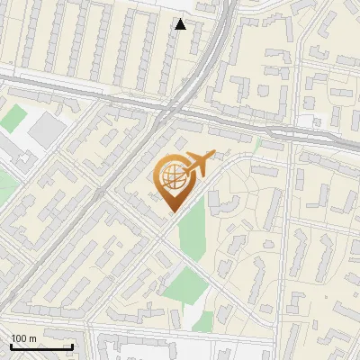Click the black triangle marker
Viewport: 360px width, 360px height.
pos(181,24)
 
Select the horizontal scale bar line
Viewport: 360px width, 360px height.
pos(41,346)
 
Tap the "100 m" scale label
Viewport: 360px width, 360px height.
pos(23,338)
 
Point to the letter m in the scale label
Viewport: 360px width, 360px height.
pos(32,338)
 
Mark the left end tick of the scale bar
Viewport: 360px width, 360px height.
pos(11,346)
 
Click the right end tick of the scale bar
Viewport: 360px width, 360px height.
pos(72,346)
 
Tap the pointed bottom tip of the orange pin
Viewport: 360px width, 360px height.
pos(172,212)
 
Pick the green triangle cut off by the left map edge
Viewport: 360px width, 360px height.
pos(4,184)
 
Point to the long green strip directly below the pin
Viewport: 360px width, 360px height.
pos(192,229)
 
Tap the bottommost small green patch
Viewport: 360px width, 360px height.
pos(203,319)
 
